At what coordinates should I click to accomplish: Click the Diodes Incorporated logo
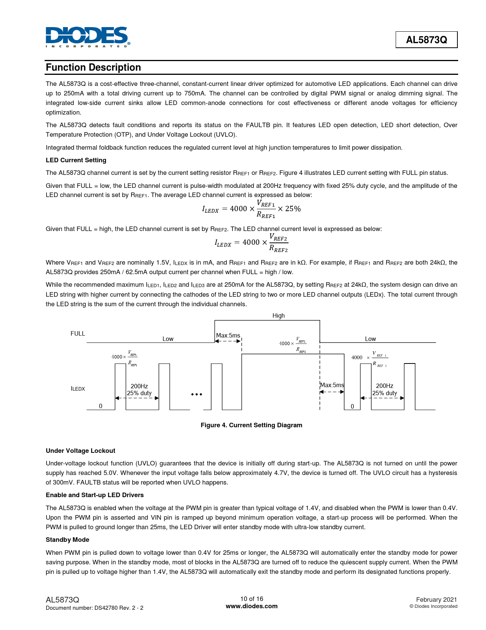(87, 37)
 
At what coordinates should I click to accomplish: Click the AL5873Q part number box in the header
(426, 40)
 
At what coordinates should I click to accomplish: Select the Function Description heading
(93, 68)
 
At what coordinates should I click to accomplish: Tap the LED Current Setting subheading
(76, 160)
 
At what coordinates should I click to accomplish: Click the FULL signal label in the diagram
(78, 334)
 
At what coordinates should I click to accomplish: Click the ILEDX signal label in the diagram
(78, 389)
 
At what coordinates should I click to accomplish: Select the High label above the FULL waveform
(278, 316)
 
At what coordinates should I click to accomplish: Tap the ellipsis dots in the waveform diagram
(197, 394)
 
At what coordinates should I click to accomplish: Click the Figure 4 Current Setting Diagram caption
(251, 425)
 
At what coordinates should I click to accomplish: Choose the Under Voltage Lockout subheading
(80, 451)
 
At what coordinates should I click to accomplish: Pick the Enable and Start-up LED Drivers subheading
(95, 495)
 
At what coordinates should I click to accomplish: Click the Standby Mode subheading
(67, 540)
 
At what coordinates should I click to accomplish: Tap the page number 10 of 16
(252, 599)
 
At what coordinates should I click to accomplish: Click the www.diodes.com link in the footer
(252, 606)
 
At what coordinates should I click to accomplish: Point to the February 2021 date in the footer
(436, 599)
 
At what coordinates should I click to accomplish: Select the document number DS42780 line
(95, 608)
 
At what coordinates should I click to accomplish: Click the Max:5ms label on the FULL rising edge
(228, 336)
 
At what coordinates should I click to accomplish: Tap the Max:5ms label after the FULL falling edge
(332, 385)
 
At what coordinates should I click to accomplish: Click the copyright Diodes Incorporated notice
(433, 606)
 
